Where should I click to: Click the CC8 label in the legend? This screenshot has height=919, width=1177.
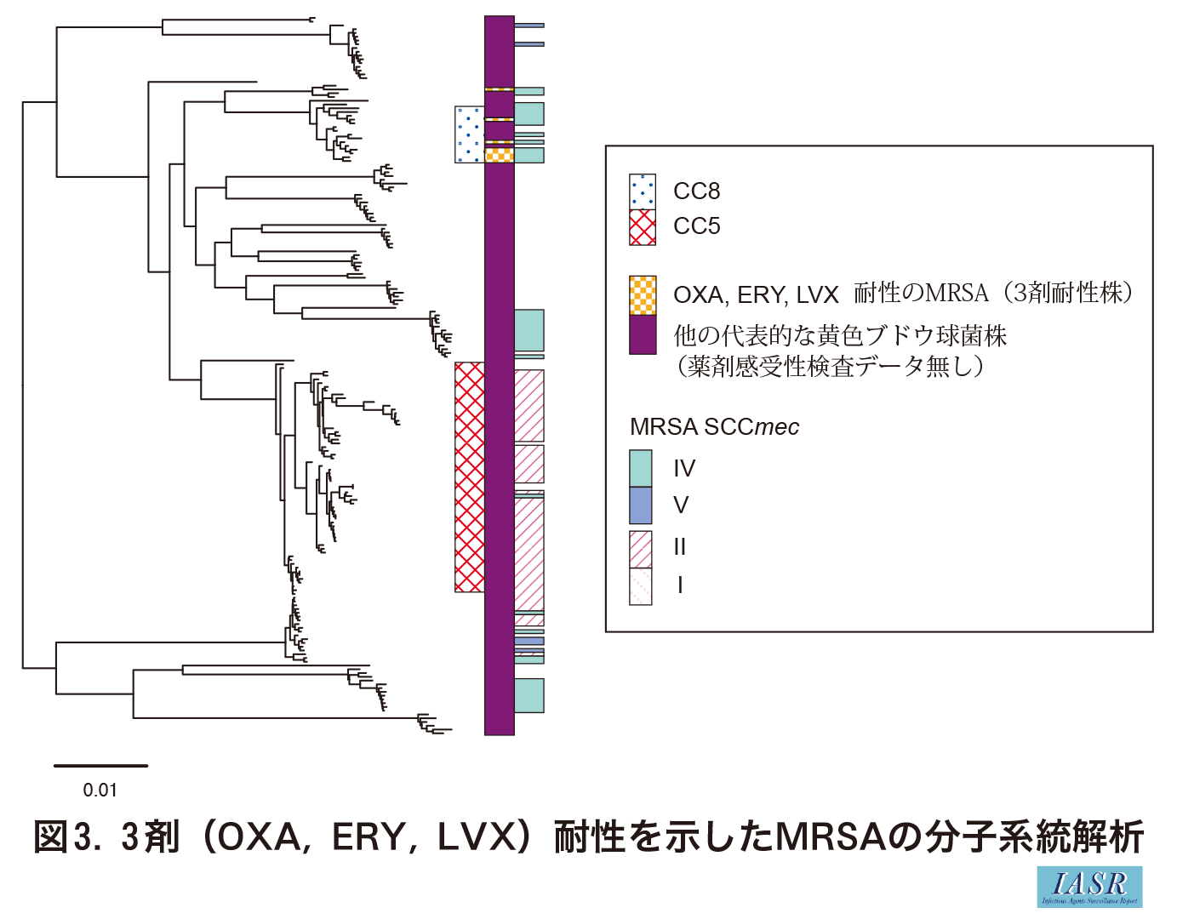(x=696, y=191)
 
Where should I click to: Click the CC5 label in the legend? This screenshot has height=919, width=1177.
(x=696, y=226)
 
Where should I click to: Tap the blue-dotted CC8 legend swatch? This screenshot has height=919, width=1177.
(x=643, y=191)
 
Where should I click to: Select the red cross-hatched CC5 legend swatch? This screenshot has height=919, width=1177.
(x=643, y=227)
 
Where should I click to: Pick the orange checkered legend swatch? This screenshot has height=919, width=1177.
(x=643, y=296)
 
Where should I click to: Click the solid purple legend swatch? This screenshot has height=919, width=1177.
(x=643, y=334)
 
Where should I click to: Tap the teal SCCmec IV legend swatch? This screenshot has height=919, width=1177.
(x=641, y=468)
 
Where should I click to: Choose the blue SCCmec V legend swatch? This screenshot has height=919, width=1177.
(x=641, y=505)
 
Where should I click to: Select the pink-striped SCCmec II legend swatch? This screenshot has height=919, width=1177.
(x=641, y=549)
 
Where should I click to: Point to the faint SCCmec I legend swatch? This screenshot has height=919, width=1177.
(x=641, y=587)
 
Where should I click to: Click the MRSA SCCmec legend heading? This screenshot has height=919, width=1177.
(x=714, y=427)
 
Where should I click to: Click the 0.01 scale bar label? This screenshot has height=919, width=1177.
(x=100, y=791)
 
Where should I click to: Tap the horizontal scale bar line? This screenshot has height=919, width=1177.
(x=100, y=766)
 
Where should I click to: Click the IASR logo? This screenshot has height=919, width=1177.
(x=1089, y=887)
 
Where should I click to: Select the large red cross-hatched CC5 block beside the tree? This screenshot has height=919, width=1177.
(x=470, y=477)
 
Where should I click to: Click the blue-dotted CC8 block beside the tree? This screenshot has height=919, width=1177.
(x=470, y=134)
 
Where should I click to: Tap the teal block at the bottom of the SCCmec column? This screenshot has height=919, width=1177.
(x=529, y=695)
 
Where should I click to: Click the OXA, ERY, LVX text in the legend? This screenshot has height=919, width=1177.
(x=756, y=295)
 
